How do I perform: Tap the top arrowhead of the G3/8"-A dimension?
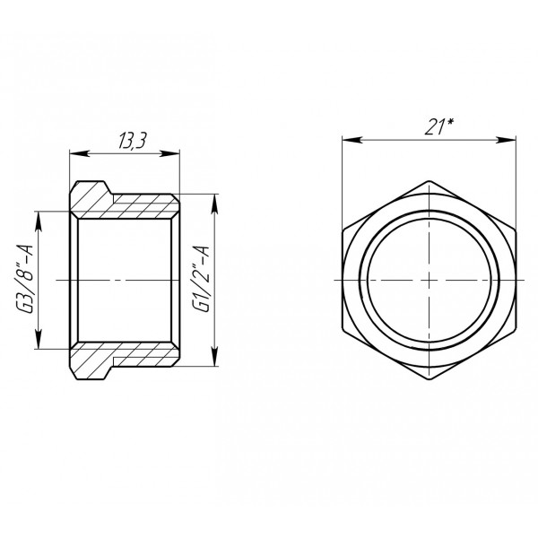tap(37, 216)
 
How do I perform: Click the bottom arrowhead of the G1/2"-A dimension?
tap(213, 359)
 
